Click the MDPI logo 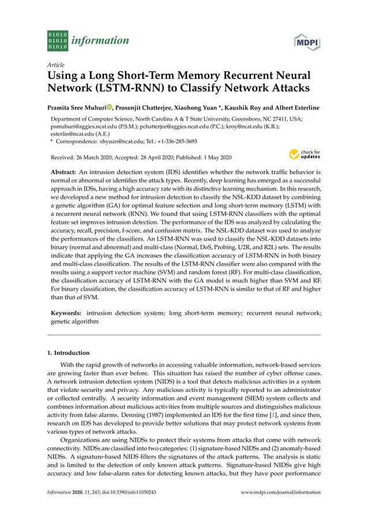click(307, 43)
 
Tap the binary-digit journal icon click(57, 41)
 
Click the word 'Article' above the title click(56, 65)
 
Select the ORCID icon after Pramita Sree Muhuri click(109, 107)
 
